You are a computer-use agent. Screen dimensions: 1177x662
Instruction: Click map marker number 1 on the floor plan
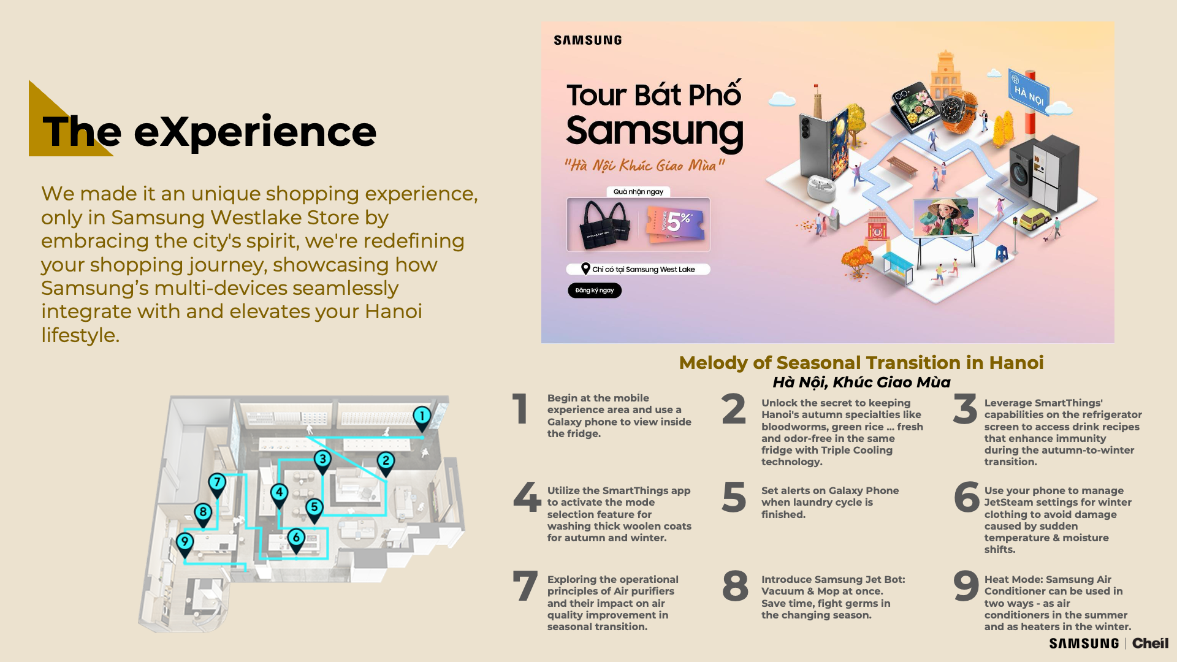(x=422, y=418)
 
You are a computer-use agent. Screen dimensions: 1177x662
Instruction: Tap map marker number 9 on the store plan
(x=185, y=544)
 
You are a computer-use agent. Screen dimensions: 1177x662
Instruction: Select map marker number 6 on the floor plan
(x=296, y=540)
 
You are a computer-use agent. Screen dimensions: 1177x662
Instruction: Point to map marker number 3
(x=322, y=461)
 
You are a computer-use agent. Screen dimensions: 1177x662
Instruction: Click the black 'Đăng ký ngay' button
(x=595, y=291)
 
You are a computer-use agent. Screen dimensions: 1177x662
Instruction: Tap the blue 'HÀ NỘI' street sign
(x=1029, y=94)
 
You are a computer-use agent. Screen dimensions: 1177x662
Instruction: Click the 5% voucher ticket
(x=674, y=224)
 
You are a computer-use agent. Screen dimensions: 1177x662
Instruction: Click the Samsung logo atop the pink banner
(x=587, y=40)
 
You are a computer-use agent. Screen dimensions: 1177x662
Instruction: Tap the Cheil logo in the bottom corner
(x=1150, y=643)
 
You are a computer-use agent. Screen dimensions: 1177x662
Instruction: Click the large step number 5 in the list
(x=734, y=497)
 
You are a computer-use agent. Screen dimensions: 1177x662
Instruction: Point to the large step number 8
(x=735, y=586)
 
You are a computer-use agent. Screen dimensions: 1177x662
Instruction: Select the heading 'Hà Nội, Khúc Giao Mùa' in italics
(x=861, y=382)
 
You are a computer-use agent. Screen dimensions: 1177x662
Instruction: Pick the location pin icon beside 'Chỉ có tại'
(x=585, y=269)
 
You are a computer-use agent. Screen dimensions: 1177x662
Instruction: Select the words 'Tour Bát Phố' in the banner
(x=654, y=94)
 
